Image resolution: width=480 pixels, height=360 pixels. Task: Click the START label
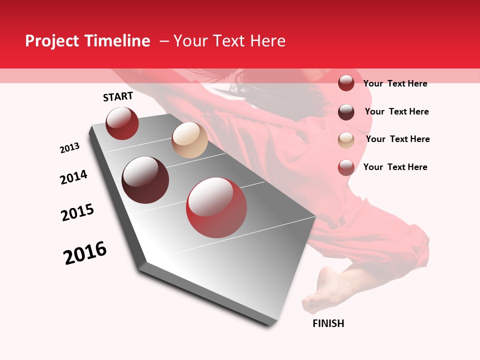coord(118,96)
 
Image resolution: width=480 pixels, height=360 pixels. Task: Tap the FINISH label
coord(328,323)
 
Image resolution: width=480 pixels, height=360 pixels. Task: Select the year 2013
coord(70,148)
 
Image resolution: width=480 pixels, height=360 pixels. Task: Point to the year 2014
coord(73,177)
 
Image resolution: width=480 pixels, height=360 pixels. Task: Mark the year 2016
coord(85,252)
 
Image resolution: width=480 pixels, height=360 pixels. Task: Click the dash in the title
coord(164,41)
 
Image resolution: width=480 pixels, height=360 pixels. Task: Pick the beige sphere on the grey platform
coord(189,140)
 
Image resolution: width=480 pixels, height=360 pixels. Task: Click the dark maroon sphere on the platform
coord(145,180)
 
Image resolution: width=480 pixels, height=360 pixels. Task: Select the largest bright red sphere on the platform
coord(216,208)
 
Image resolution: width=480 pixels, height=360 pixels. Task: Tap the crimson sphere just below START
coord(122,123)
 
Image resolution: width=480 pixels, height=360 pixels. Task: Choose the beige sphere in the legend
coord(346,139)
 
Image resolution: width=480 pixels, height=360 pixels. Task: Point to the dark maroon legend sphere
coord(346,112)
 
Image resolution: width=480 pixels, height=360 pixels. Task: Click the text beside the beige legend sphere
coord(397,139)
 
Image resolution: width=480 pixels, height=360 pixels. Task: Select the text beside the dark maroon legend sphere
coord(396,111)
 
